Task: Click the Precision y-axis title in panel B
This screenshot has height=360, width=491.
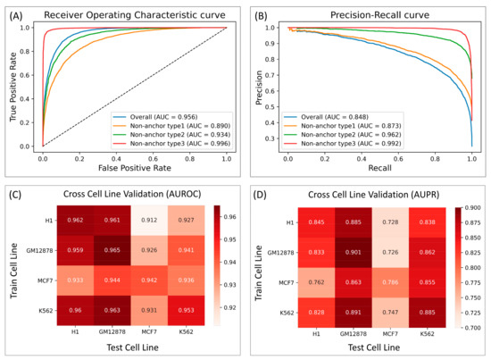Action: tap(257, 86)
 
